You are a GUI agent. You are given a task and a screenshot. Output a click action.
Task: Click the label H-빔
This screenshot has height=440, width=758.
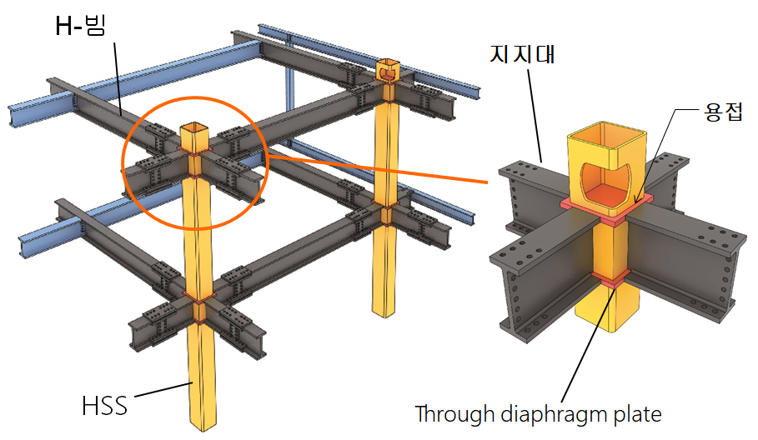(x=80, y=26)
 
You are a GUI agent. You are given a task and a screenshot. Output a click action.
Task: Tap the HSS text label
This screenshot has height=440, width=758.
(x=105, y=406)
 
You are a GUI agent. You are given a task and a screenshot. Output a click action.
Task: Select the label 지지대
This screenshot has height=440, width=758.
(x=523, y=54)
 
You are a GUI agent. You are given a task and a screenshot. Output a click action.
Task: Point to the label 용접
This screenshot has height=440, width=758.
(x=723, y=112)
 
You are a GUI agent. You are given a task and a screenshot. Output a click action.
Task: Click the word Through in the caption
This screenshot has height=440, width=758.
(x=454, y=414)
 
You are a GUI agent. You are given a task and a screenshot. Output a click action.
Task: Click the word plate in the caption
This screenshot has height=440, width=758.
(x=638, y=415)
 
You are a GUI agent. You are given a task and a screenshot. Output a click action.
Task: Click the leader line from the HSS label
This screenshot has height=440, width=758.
(x=164, y=390)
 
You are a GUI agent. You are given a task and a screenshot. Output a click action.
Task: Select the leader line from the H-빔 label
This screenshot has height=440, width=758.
(x=118, y=78)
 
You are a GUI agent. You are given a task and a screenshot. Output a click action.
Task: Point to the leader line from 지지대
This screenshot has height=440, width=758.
(x=535, y=116)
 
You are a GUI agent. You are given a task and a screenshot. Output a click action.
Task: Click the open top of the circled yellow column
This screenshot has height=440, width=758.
(x=195, y=128)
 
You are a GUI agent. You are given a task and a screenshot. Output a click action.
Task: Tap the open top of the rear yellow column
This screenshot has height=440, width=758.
(x=389, y=63)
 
